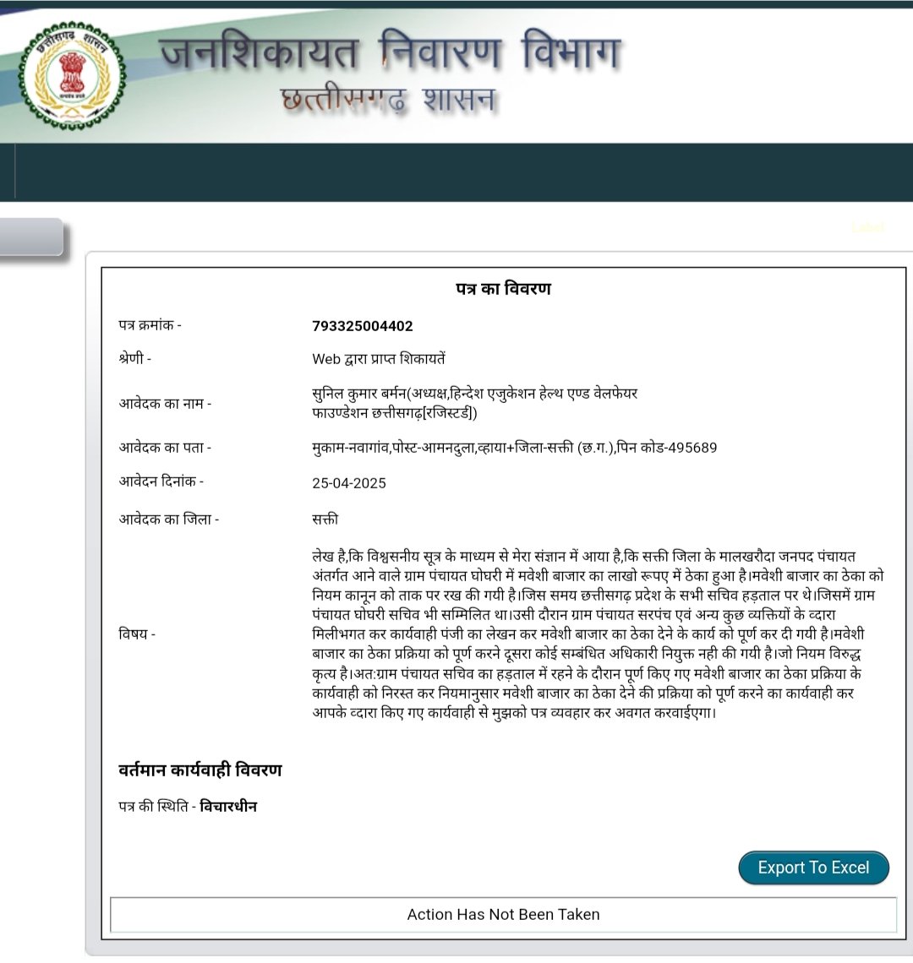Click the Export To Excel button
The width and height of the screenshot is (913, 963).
coord(813,868)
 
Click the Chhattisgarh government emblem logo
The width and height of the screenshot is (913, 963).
coord(73,76)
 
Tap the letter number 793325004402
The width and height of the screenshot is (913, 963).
coord(363,326)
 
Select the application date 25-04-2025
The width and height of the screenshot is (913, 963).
coord(349,483)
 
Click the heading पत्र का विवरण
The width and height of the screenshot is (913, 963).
coord(503,289)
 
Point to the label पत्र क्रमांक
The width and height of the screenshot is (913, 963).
coord(150,325)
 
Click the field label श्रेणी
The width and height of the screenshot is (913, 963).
coord(134,358)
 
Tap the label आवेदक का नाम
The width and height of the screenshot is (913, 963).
coord(165,403)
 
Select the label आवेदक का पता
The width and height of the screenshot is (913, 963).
coord(165,448)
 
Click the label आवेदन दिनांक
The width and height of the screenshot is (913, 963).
coord(161,481)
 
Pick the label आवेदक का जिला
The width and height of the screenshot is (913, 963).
coord(168,519)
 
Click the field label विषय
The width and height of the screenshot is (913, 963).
coord(137,634)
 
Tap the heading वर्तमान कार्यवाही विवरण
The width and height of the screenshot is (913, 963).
coord(200,770)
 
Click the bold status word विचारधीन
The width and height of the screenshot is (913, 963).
coord(228,807)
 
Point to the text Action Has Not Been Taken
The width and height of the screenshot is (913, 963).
coord(503,914)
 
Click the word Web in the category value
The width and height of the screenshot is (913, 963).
coord(326,359)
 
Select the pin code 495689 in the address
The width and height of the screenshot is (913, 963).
coord(692,448)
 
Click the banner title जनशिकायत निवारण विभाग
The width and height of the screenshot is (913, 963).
coord(390,52)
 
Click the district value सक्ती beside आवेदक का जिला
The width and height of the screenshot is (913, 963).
coord(325,519)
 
